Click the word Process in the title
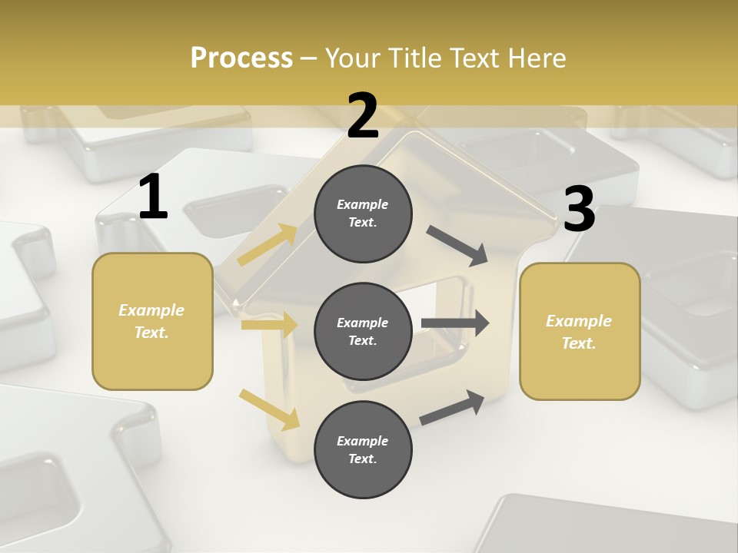(241, 58)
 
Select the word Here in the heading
(535, 58)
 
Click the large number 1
(153, 197)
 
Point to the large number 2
(363, 115)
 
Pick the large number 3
(579, 210)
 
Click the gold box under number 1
(152, 321)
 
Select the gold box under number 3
(580, 332)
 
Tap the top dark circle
(363, 214)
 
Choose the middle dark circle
(363, 331)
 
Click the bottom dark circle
(363, 449)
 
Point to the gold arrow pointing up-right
(268, 244)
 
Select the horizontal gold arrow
(269, 325)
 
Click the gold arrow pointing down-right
(269, 409)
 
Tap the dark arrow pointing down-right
(457, 245)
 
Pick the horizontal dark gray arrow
(455, 323)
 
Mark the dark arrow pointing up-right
(453, 407)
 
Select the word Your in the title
(350, 58)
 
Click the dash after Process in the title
(309, 58)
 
